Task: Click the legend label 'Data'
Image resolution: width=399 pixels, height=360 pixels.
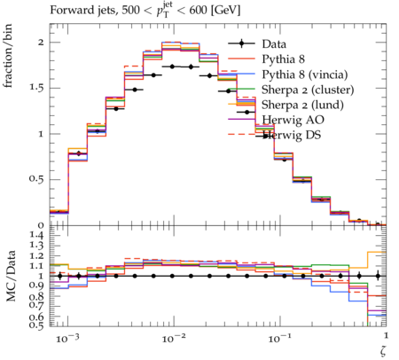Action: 274,44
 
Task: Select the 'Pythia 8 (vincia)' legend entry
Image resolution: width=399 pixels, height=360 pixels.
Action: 305,74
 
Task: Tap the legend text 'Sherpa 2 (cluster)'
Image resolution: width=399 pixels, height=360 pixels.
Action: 308,90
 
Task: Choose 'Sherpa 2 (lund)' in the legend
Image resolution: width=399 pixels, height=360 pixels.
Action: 302,105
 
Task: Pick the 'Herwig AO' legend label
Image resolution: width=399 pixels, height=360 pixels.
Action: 293,120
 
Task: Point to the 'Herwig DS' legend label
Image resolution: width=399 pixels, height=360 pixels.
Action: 292,135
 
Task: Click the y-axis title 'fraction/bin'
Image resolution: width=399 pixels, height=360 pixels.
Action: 8,56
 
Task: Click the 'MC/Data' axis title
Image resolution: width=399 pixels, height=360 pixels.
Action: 11,276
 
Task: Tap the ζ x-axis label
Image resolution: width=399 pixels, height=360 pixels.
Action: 383,351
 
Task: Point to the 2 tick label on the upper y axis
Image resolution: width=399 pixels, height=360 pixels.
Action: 41,43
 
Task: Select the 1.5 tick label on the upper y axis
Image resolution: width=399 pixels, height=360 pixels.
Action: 36,88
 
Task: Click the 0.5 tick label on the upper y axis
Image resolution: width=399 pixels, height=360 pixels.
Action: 36,179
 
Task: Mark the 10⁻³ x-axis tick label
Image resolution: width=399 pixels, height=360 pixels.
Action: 67,338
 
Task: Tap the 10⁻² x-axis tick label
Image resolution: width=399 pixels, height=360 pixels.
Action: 174,338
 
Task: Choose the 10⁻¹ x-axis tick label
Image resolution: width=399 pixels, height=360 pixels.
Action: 280,338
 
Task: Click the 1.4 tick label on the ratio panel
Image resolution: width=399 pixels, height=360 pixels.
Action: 36,236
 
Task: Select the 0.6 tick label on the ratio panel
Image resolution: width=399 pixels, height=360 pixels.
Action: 36,317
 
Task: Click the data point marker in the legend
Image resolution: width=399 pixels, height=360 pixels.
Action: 241,43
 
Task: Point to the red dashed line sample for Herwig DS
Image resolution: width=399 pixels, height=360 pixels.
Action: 241,135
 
